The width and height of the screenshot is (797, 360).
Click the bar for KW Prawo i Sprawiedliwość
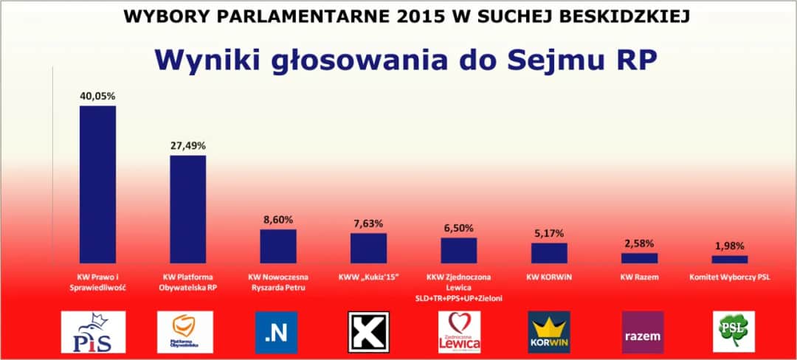[x=97, y=184]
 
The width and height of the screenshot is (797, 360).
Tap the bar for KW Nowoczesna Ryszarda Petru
[x=278, y=246]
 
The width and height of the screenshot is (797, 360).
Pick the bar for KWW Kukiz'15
[x=368, y=248]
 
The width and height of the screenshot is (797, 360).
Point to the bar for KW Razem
[x=639, y=258]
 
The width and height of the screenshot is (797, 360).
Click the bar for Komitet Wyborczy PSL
[x=730, y=260]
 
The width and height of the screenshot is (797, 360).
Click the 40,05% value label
[x=97, y=96]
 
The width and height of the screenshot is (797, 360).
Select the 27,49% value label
[x=188, y=145]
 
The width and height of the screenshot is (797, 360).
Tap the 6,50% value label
[x=459, y=228]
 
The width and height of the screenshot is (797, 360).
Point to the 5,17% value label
[x=549, y=233]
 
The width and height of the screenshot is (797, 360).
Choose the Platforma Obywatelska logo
[x=184, y=332]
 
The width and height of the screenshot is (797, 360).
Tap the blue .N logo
[x=276, y=332]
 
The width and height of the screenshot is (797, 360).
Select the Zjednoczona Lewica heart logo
[x=459, y=332]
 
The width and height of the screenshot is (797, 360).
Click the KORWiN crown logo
[x=549, y=332]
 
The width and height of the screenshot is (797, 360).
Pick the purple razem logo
[x=643, y=332]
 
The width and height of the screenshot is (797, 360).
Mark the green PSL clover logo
[x=734, y=332]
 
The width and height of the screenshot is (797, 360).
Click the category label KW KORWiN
[x=549, y=277]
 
